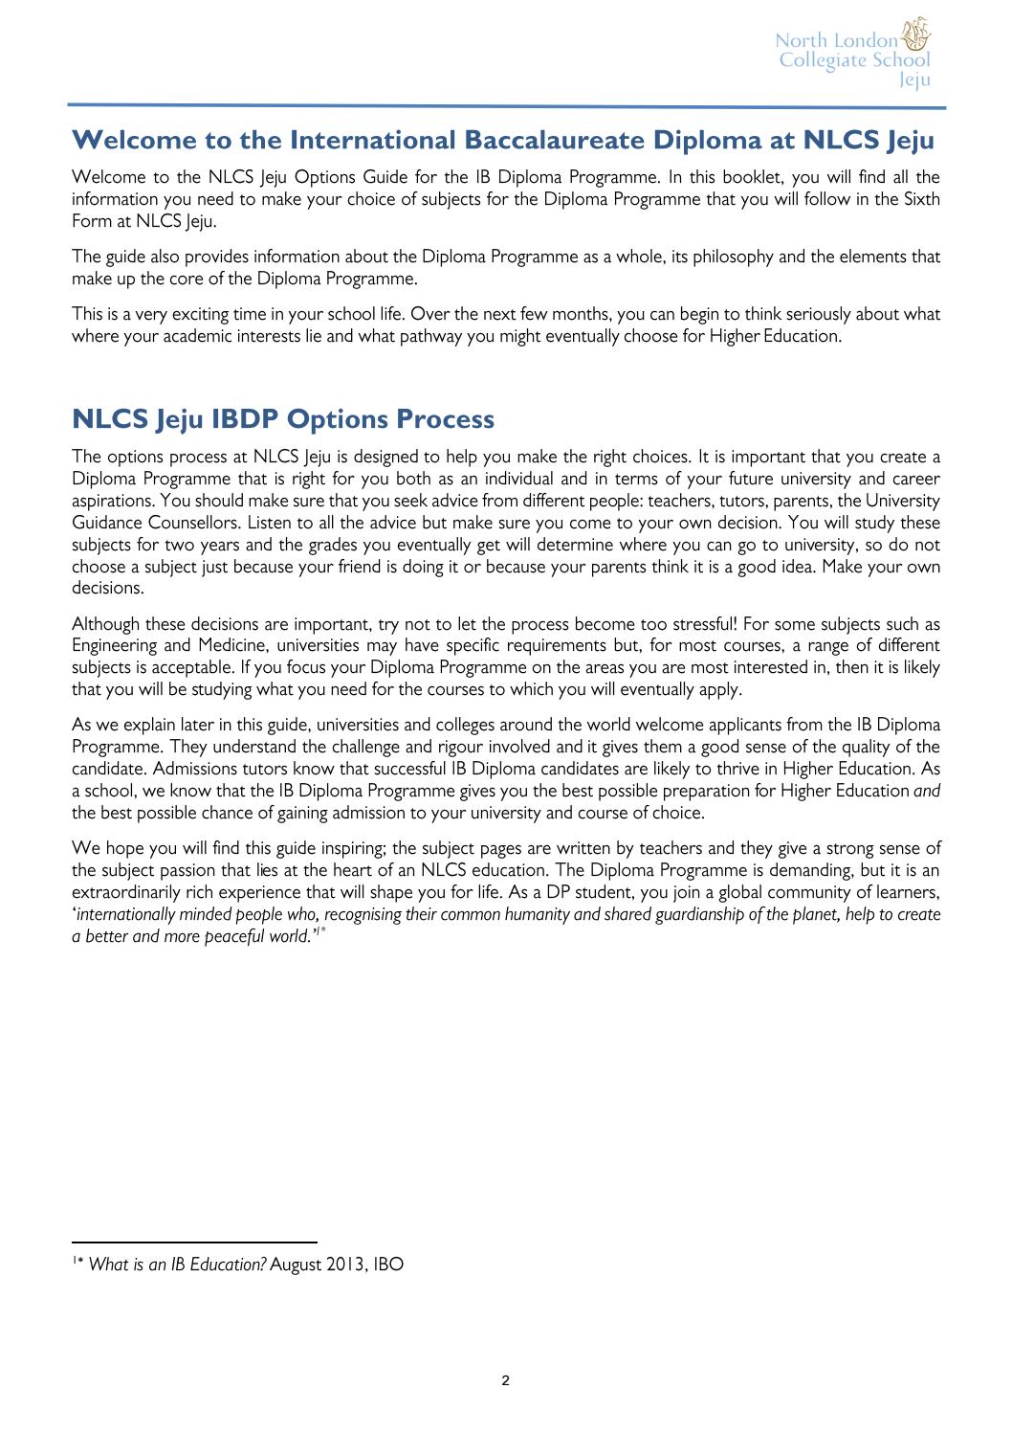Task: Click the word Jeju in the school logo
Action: pyautogui.click(x=915, y=80)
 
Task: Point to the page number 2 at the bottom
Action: pyautogui.click(x=506, y=1379)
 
